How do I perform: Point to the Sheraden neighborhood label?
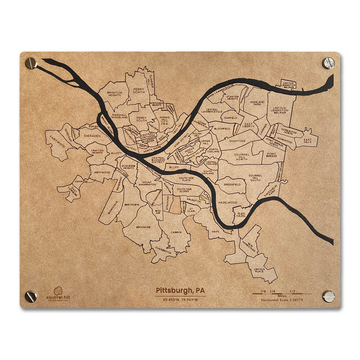[x=92, y=136]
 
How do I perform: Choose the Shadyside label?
[x=236, y=142]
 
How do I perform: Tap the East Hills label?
[x=307, y=141]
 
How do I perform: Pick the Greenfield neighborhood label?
[x=232, y=185]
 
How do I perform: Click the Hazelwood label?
[x=227, y=203]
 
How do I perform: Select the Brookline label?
[x=144, y=228]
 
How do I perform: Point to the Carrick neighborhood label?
[x=175, y=231]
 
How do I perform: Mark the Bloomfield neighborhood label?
[x=221, y=128]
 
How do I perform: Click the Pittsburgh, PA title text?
[x=180, y=290]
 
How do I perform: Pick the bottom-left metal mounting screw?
[x=31, y=296]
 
